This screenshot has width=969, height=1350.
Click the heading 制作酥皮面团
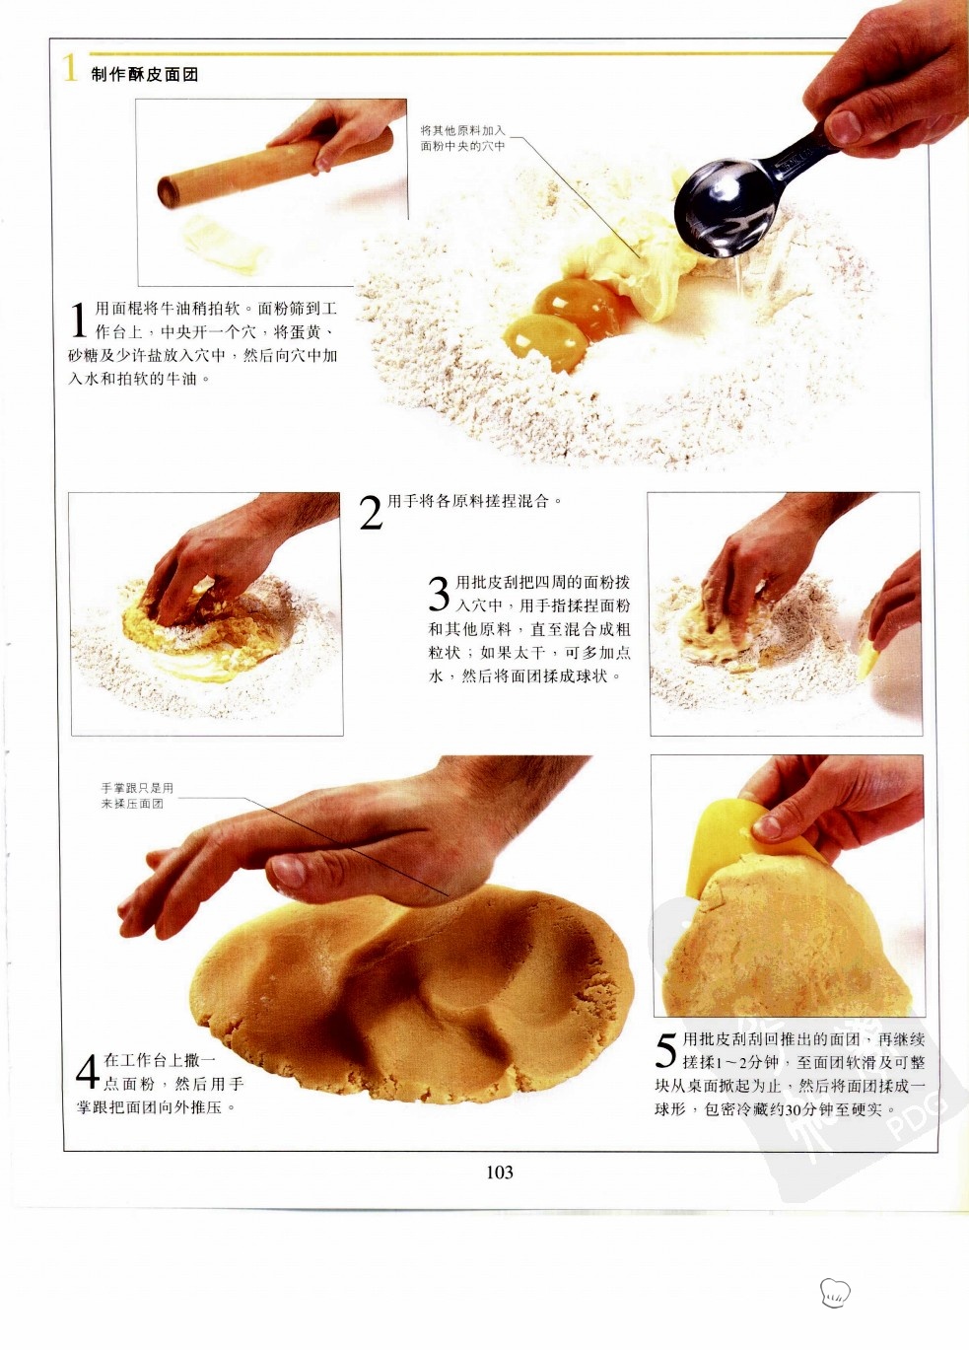(145, 75)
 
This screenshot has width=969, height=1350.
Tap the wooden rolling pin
(275, 167)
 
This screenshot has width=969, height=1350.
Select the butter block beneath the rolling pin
(224, 245)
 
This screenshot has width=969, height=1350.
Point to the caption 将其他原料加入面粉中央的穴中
(462, 138)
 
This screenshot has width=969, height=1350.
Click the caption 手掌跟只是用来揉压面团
(137, 796)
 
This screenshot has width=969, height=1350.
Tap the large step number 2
(371, 513)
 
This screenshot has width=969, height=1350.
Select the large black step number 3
(440, 593)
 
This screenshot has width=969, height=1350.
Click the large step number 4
(88, 1071)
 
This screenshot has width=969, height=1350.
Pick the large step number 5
(666, 1049)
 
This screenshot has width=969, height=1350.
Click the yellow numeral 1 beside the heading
(70, 67)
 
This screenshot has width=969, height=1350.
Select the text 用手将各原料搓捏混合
(469, 501)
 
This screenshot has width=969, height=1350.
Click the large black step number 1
(79, 320)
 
